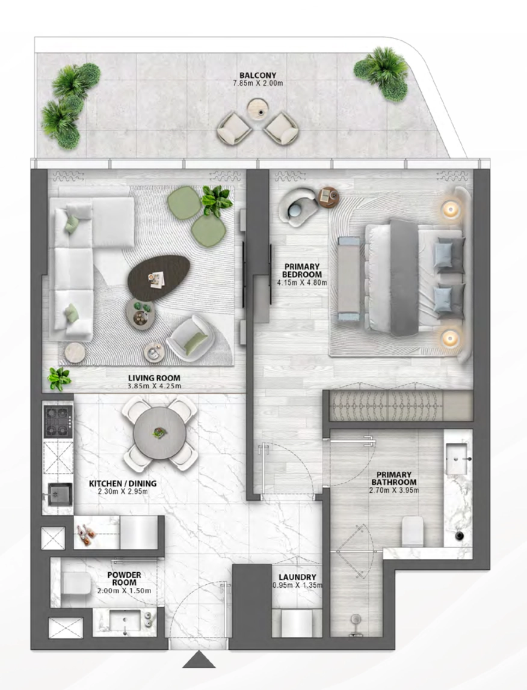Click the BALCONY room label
click(257, 75)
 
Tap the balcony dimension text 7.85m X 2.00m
click(257, 83)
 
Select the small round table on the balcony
click(257, 109)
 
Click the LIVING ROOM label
click(154, 377)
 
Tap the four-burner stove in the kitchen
click(58, 422)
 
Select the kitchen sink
click(60, 494)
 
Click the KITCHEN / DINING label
click(123, 483)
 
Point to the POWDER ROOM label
click(125, 579)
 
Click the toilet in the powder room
click(76, 583)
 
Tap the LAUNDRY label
click(297, 577)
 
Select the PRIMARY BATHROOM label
click(394, 478)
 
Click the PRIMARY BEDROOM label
click(302, 270)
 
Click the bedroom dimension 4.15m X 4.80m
click(302, 282)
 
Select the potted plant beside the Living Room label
click(60, 379)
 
